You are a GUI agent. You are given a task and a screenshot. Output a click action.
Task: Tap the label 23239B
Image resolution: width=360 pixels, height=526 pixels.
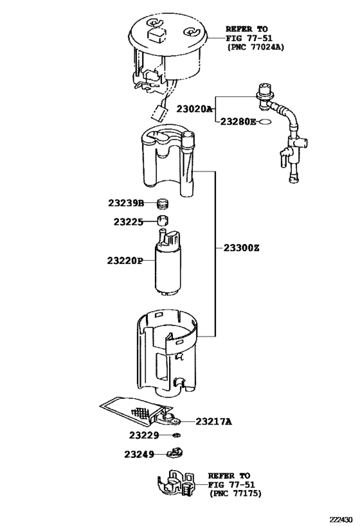126,204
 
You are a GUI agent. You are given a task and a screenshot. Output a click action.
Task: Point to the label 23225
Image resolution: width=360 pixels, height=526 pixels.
129,222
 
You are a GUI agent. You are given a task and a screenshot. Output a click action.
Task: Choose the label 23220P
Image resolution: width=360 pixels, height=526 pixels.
125,261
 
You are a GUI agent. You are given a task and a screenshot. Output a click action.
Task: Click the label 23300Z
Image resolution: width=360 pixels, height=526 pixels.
242,248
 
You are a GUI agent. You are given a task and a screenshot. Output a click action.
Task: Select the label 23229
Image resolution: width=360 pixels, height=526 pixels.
143,435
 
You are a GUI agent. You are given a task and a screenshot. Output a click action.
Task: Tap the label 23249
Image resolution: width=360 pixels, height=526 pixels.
139,454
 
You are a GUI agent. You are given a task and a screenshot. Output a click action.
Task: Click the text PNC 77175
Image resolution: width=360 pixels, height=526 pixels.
235,494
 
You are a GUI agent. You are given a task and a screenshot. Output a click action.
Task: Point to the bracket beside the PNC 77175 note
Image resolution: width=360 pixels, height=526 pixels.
175,486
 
